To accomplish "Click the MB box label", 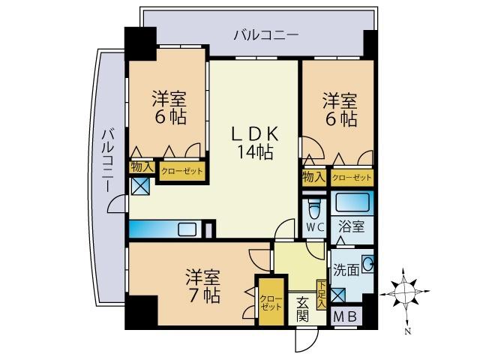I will [344, 316].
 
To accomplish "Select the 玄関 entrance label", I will [302, 308].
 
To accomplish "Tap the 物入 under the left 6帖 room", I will [141, 167].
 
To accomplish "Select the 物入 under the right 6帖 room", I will [313, 177].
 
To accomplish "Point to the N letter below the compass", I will [407, 330].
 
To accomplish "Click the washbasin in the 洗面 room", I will [367, 263].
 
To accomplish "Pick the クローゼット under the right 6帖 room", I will [351, 178].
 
